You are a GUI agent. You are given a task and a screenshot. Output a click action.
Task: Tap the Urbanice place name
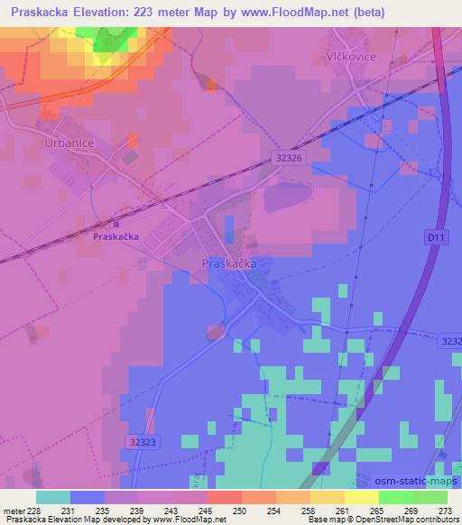(68, 143)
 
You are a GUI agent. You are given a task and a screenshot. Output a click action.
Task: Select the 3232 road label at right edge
(451, 341)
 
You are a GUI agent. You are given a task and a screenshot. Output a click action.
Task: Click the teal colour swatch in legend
(53, 497)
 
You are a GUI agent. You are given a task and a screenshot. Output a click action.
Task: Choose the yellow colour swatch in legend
(361, 497)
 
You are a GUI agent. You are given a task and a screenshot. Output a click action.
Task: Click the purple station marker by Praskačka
(115, 225)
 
